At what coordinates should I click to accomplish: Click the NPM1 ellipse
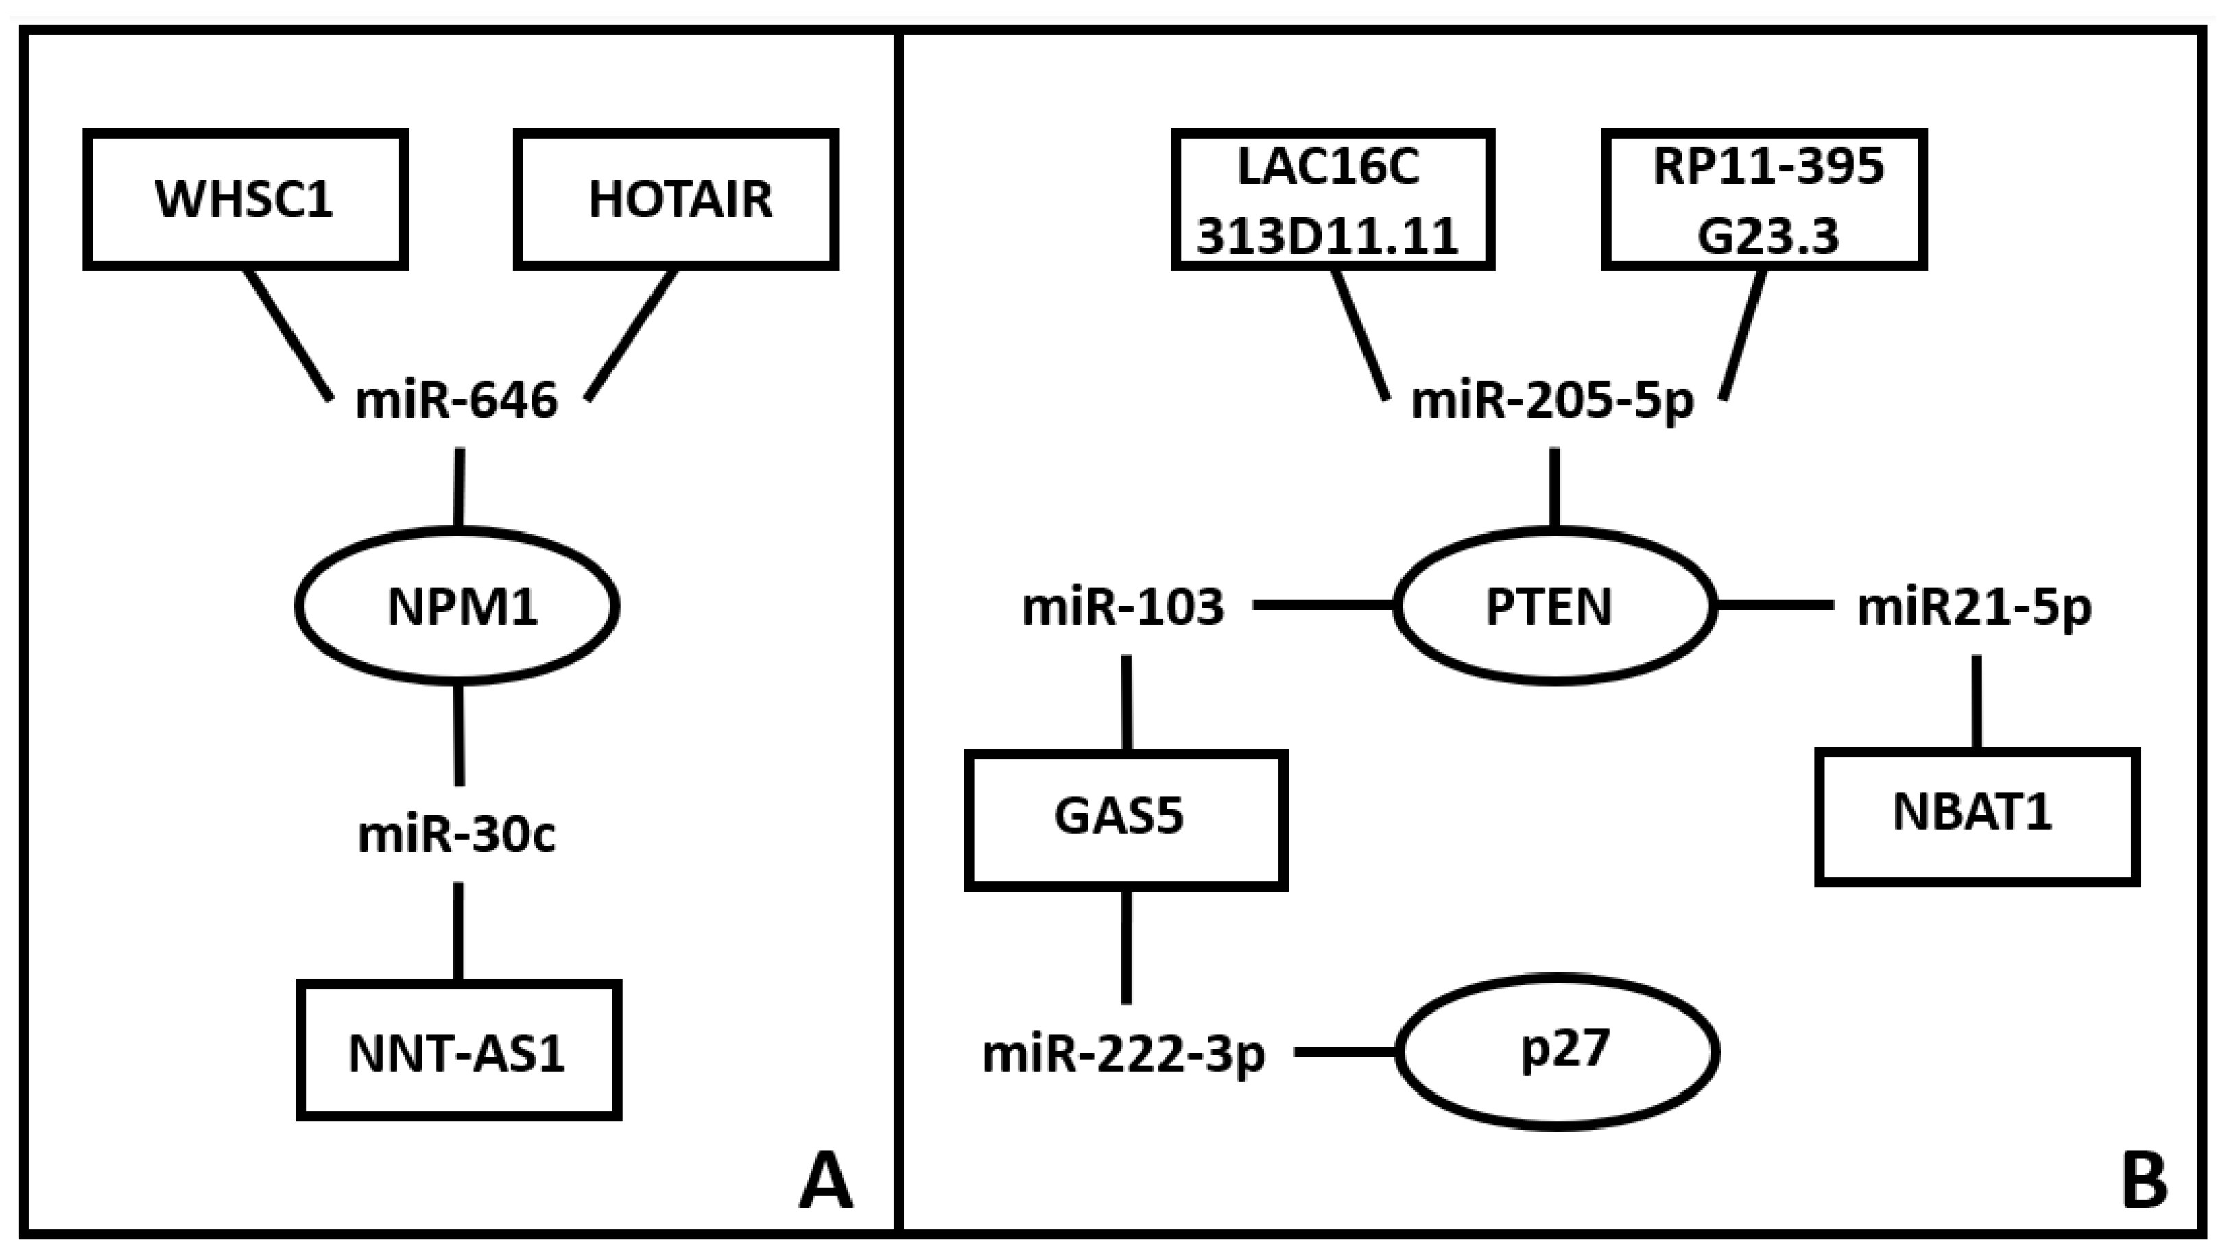click(457, 606)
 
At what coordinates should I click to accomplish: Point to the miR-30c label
click(457, 836)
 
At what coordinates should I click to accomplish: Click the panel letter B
click(2144, 1182)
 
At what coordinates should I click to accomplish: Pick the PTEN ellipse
click(1554, 606)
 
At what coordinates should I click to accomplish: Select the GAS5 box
click(1125, 819)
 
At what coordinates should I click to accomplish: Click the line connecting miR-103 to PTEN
click(1324, 605)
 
